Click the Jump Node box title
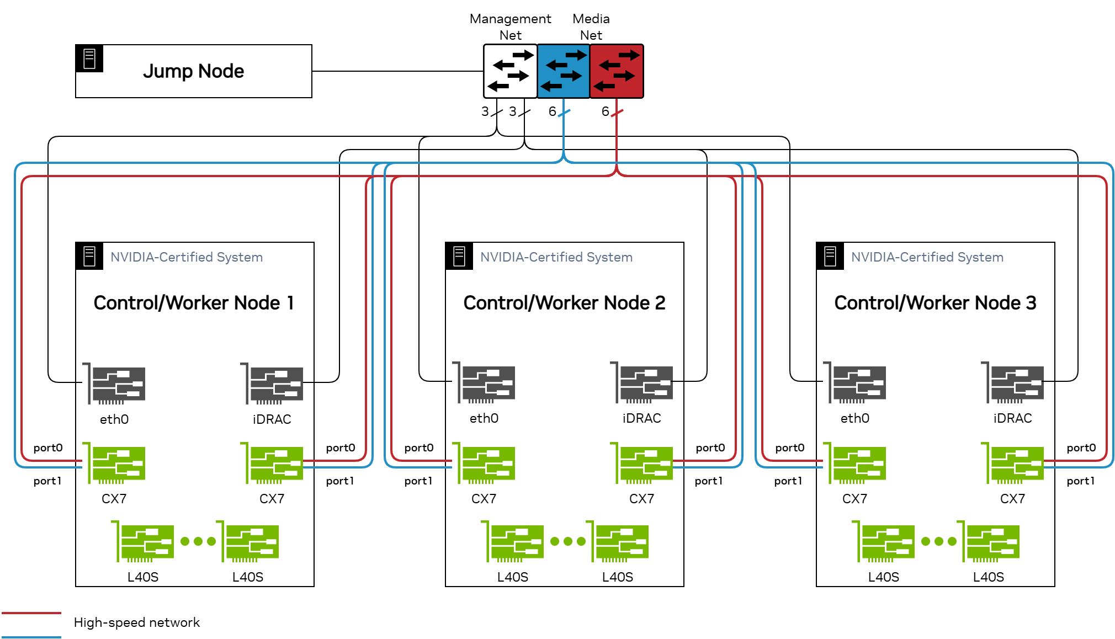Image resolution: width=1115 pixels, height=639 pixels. point(193,71)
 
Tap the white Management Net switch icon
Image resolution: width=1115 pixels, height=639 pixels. point(510,71)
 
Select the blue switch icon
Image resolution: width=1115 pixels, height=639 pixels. point(563,71)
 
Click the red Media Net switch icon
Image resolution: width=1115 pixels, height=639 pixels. point(617,71)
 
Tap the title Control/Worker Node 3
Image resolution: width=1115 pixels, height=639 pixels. point(935,303)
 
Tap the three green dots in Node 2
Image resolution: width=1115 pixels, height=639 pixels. point(568,541)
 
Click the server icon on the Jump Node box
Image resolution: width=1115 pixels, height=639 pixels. point(89,58)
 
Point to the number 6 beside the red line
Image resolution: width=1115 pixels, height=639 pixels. point(605,111)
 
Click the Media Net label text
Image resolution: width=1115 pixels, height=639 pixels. point(591,26)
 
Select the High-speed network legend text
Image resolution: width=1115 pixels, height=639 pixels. point(137,622)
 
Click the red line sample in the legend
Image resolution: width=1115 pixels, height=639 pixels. point(31,613)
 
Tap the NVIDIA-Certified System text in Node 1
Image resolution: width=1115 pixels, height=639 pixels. point(187,257)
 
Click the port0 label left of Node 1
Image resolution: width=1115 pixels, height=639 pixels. point(48,448)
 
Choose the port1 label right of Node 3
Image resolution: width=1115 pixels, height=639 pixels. point(1080,481)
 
